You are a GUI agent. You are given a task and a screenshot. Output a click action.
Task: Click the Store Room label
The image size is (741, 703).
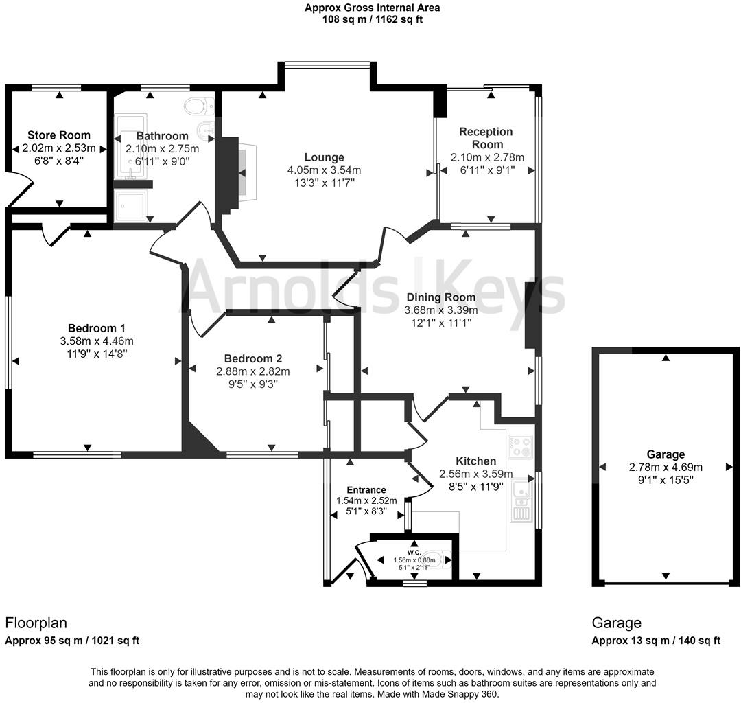58,135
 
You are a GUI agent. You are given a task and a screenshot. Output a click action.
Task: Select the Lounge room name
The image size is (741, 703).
324,157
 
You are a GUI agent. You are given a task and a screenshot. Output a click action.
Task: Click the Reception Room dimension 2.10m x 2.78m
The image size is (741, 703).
487,157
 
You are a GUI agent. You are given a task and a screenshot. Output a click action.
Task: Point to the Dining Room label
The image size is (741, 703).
441,297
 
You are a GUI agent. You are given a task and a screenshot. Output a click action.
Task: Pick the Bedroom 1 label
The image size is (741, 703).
97,328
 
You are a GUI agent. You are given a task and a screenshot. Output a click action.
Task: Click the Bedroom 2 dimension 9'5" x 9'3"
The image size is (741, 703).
252,384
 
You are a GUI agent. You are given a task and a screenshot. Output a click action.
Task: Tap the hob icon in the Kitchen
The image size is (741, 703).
520,447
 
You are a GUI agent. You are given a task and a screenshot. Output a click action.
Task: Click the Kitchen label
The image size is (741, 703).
476,461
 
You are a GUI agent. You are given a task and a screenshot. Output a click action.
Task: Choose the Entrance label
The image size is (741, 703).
366,489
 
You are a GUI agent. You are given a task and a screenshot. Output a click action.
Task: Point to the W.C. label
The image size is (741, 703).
414,553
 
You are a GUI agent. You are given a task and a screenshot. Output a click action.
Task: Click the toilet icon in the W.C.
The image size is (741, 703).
436,560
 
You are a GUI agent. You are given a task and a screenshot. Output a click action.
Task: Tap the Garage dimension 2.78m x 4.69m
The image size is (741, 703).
666,468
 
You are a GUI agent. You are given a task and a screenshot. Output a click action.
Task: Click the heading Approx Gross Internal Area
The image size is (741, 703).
373,8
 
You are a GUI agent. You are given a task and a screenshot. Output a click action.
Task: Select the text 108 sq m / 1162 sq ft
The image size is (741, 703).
373,19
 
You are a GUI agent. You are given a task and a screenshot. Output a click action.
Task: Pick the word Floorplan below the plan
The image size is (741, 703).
36,623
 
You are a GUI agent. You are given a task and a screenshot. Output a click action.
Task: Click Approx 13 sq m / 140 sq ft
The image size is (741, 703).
656,641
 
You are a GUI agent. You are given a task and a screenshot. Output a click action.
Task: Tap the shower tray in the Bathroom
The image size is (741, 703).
132,205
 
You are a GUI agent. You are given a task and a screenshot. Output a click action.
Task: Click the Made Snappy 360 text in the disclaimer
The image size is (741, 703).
460,695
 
